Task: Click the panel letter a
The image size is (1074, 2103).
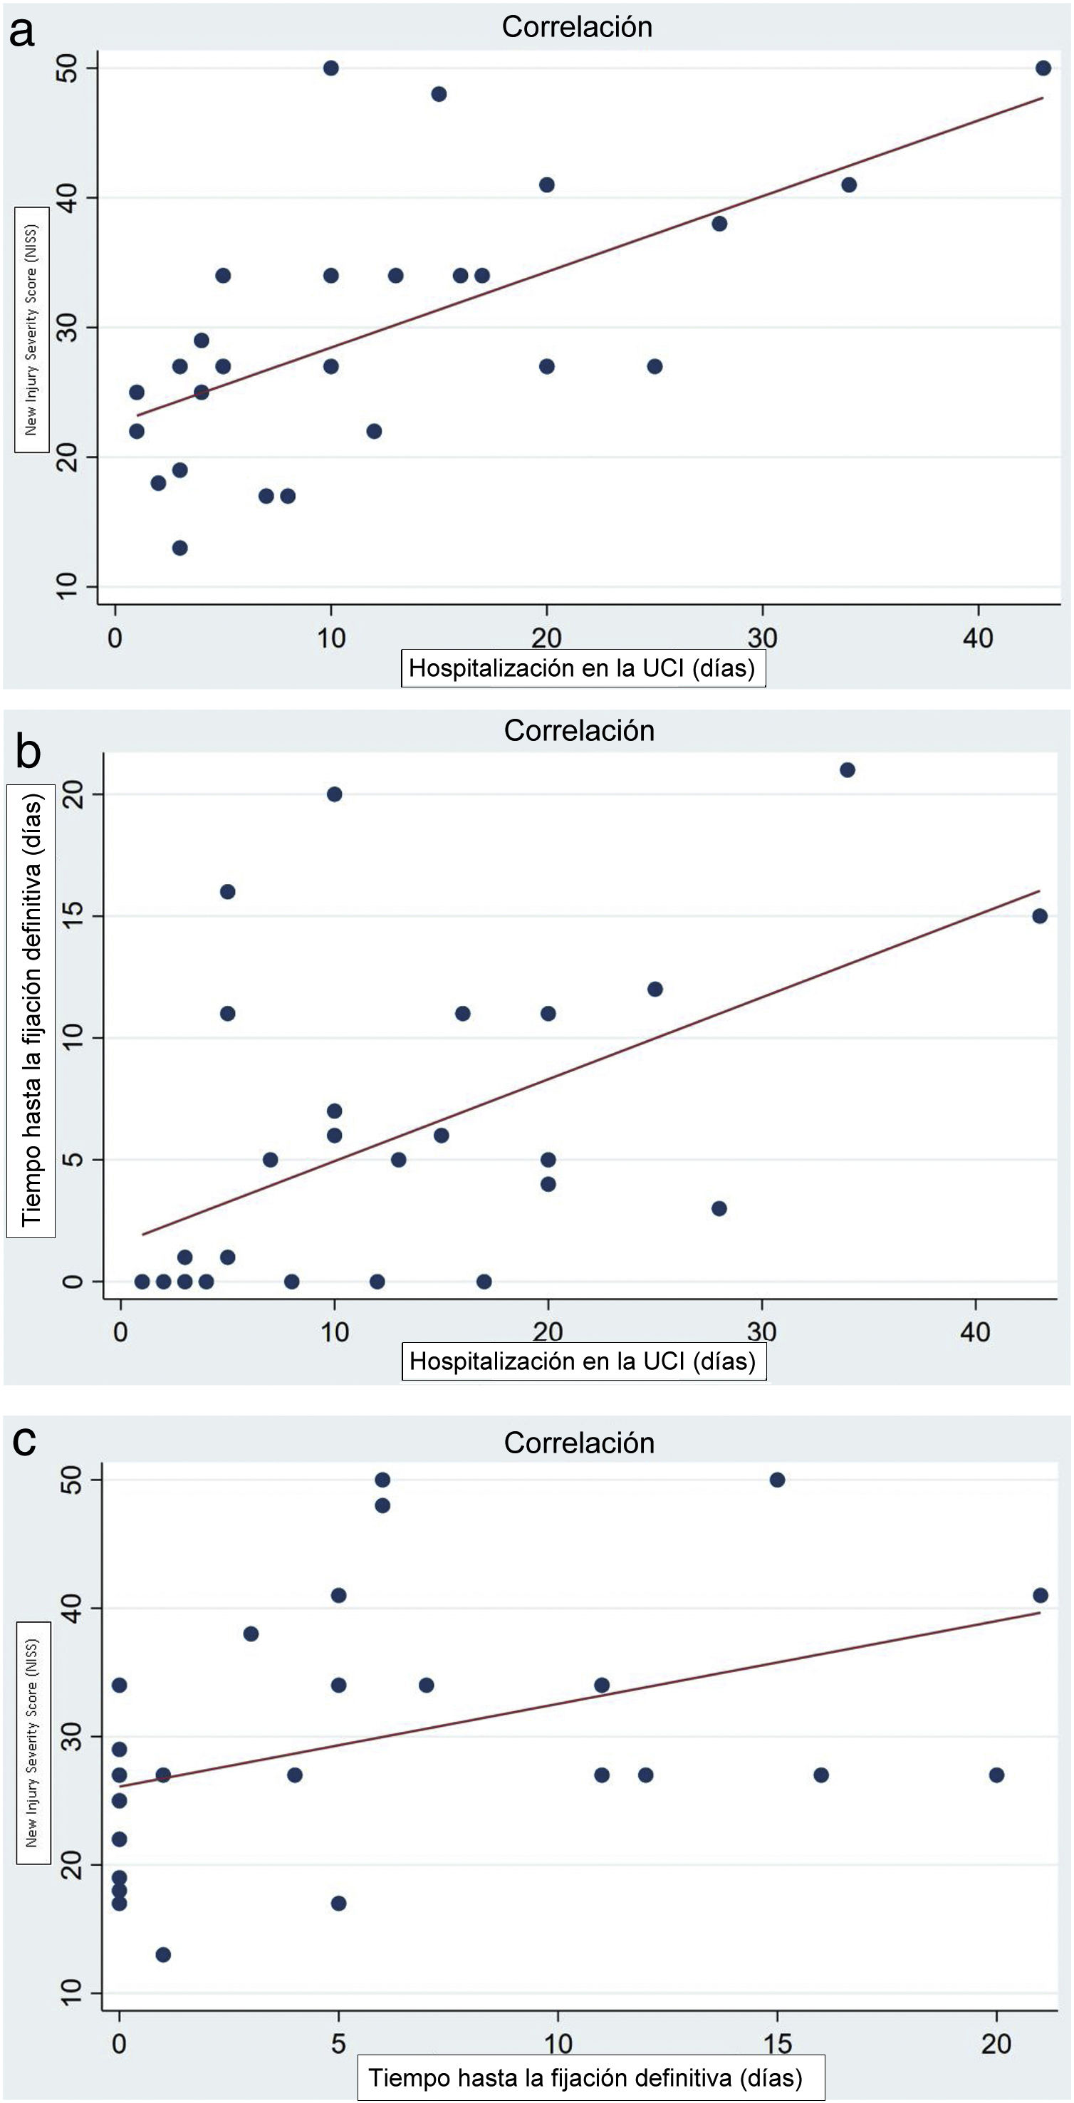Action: (22, 33)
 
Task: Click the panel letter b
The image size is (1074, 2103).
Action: (28, 751)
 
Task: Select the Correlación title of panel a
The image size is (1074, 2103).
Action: (576, 27)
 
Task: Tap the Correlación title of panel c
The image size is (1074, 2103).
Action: (578, 1443)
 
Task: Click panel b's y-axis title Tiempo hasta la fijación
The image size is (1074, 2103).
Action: (31, 1011)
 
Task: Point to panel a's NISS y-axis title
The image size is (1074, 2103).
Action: (31, 329)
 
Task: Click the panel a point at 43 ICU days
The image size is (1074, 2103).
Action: (1043, 68)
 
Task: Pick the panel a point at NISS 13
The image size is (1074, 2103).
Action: (179, 548)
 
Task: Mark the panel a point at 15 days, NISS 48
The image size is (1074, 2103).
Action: (438, 94)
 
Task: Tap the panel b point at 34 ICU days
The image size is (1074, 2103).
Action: (847, 770)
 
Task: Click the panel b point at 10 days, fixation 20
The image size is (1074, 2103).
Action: (335, 794)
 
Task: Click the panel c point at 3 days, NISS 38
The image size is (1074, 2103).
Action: (251, 1634)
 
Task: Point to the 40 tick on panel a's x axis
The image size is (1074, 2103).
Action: (978, 638)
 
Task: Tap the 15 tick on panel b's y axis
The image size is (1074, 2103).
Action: (73, 916)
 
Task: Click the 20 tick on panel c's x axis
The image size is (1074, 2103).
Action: (996, 2043)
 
